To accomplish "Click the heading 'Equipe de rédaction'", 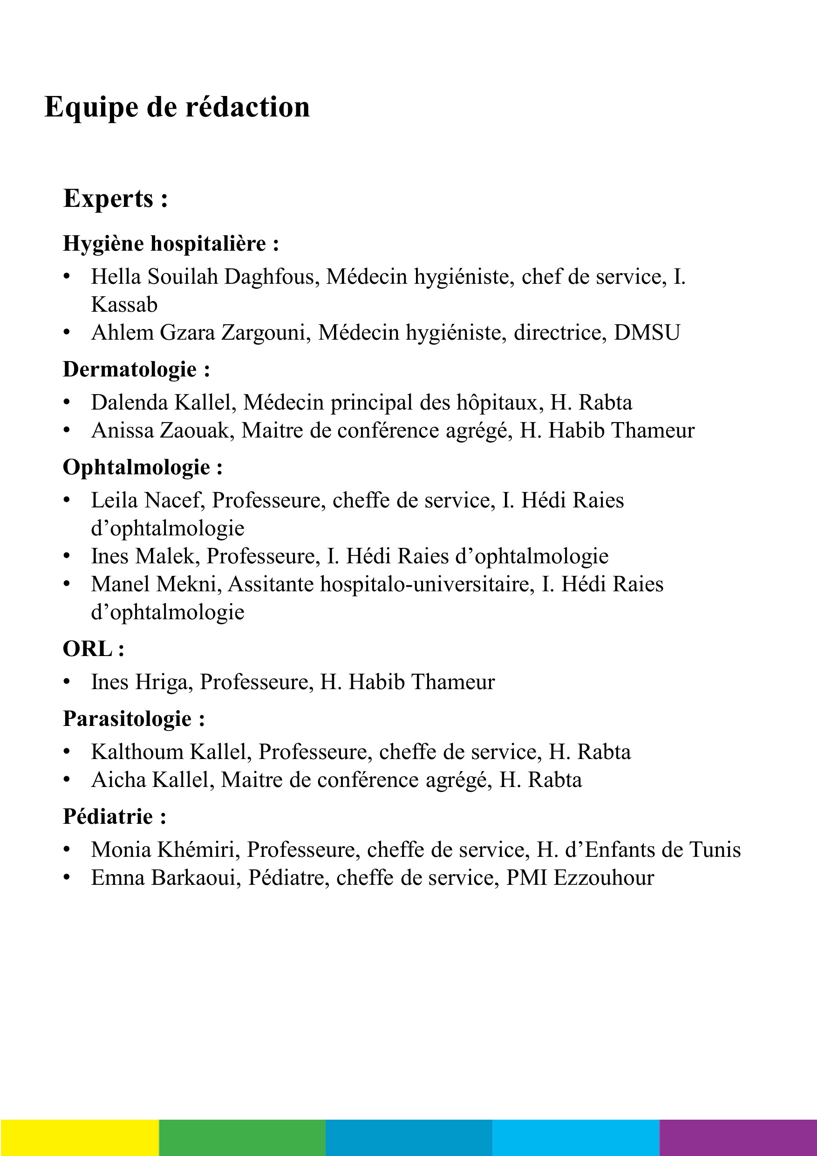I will click(177, 107).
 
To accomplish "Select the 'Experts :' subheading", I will click(115, 199).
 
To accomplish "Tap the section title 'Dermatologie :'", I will click(136, 369).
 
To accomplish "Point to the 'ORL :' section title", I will click(93, 649).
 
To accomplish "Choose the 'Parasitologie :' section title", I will click(134, 718).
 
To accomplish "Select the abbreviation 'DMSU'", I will click(647, 333).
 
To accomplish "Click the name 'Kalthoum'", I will click(137, 752).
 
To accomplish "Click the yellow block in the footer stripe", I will click(80, 1137).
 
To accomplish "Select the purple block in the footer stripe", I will click(738, 1137).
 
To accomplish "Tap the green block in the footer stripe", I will click(242, 1137).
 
